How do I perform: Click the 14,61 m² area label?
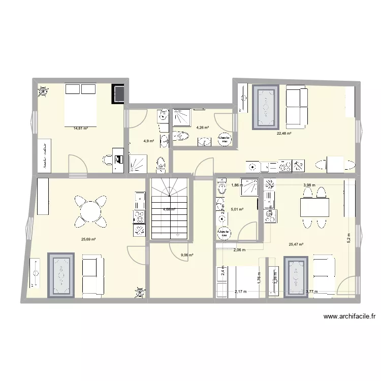(x=80, y=129)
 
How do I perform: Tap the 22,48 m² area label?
(x=283, y=134)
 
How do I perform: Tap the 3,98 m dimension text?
(x=309, y=185)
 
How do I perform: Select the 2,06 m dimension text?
(x=239, y=250)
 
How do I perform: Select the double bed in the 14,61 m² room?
(x=80, y=106)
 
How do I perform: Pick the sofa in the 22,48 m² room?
(x=296, y=107)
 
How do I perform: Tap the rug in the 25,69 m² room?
(x=62, y=274)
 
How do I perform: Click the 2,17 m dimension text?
(x=240, y=291)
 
